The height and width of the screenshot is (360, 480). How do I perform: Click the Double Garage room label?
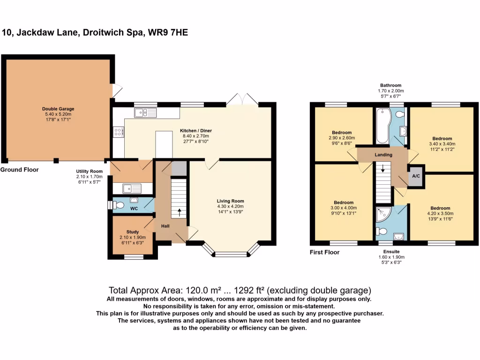pos(58,109)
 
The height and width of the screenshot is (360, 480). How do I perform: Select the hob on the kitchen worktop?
pos(119,133)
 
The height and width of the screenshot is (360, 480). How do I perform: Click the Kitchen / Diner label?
pos(195,131)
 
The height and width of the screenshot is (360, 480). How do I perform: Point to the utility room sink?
pos(132,188)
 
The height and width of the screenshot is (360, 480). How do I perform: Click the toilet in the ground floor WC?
pos(118,205)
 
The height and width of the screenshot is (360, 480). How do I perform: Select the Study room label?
pos(133,232)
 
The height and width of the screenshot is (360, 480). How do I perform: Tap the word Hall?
pos(165,226)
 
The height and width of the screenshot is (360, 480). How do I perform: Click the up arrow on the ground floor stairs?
pos(179,212)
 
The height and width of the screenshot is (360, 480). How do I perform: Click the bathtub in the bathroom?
pos(381,126)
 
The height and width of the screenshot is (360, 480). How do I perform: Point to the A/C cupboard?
pos(415,176)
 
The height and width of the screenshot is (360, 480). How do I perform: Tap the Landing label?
pos(383,154)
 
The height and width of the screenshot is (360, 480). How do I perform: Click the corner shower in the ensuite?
pos(381,214)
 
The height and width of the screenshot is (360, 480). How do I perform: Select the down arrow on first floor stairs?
pos(383,168)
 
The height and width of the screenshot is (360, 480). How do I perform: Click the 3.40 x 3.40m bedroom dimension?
pos(442,144)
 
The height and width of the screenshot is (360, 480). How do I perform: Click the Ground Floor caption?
pos(19,170)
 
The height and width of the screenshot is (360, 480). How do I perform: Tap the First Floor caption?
pos(324,252)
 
